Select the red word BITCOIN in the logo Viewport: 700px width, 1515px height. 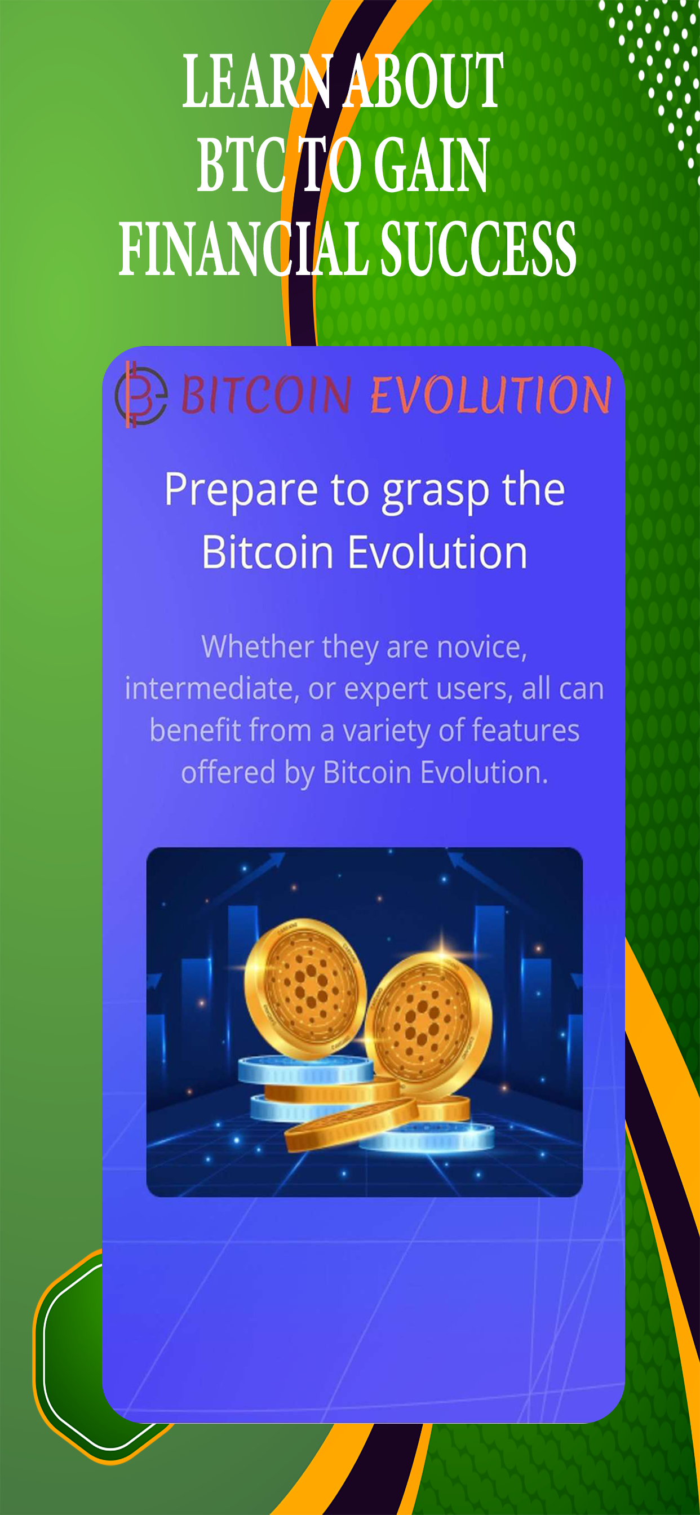tap(267, 394)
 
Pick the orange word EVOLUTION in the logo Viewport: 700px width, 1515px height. tap(490, 394)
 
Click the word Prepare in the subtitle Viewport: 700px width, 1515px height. tap(241, 490)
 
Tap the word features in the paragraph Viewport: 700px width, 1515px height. tap(525, 730)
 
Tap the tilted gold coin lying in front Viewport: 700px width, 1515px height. tap(351, 1123)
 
